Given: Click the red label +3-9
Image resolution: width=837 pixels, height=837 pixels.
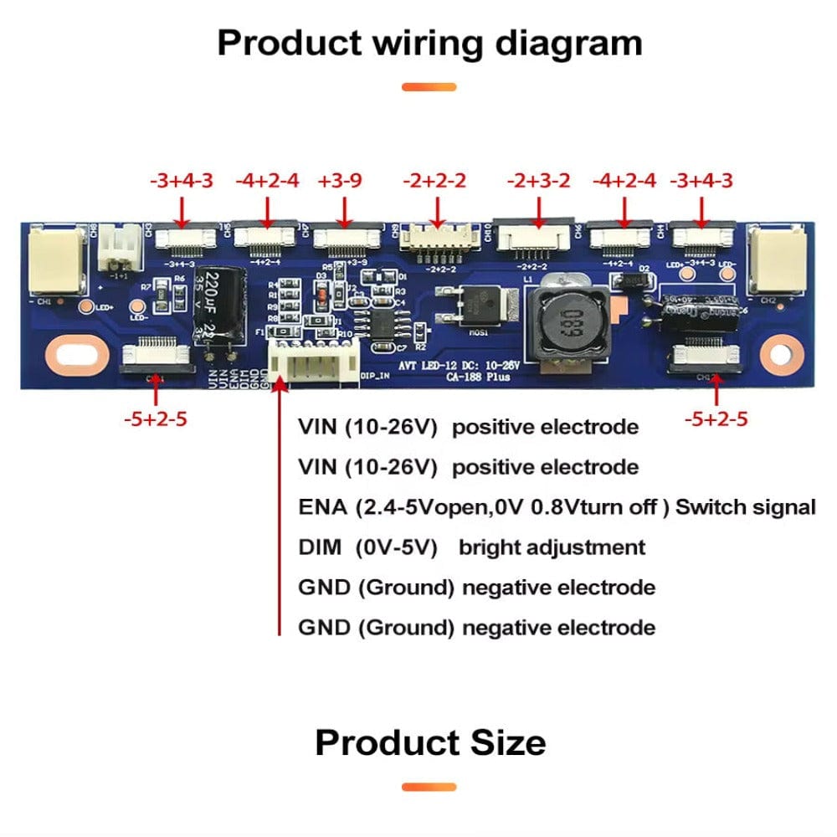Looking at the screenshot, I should pyautogui.click(x=340, y=181).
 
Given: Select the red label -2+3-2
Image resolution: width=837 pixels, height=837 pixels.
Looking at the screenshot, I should pyautogui.click(x=539, y=181).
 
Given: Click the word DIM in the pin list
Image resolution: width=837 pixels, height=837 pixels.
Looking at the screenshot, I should pyautogui.click(x=320, y=547).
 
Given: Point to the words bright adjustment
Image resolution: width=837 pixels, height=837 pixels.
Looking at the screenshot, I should pyautogui.click(x=552, y=547).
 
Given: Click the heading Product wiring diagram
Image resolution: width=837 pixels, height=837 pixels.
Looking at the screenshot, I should pyautogui.click(x=429, y=43).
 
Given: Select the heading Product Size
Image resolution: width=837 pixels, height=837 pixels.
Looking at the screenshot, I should pyautogui.click(x=430, y=742).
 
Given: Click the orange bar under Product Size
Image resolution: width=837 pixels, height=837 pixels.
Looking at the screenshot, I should pyautogui.click(x=429, y=787).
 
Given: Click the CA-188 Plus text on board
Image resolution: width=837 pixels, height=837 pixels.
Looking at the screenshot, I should pyautogui.click(x=476, y=377).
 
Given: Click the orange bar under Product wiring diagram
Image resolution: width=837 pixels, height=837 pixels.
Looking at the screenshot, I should pyautogui.click(x=429, y=87).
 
